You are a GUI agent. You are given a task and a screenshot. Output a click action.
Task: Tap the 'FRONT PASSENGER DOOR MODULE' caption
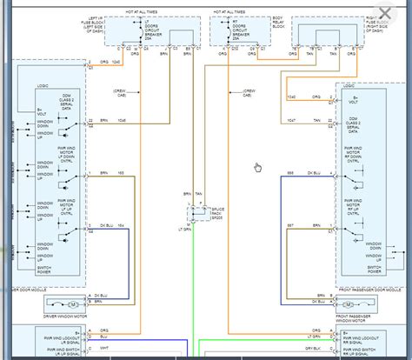click(369, 287)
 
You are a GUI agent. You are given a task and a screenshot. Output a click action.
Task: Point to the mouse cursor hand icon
click(257, 168)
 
